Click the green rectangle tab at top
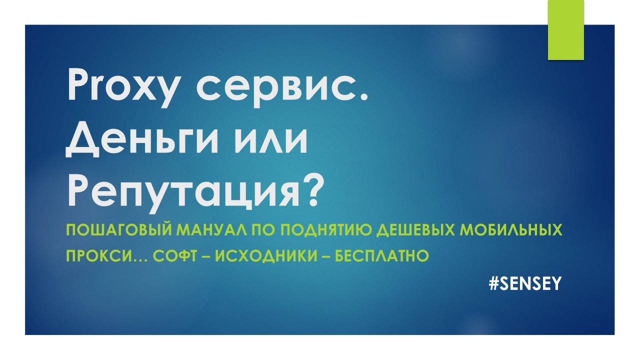(x=565, y=30)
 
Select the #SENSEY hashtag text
(x=525, y=283)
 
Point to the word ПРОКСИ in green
(x=98, y=255)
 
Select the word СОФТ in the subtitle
(x=175, y=255)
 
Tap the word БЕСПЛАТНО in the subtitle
(x=381, y=255)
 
